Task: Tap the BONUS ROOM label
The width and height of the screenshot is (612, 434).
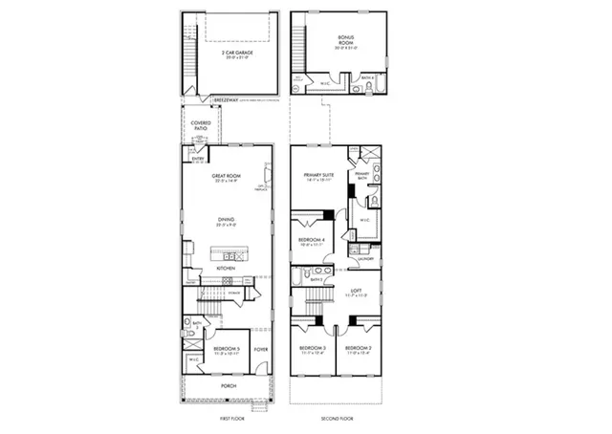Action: tap(345, 40)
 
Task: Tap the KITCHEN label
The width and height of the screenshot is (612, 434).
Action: tap(226, 269)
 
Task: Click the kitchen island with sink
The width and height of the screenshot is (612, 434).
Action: tap(229, 256)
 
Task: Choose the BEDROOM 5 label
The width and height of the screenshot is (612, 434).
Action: tap(225, 348)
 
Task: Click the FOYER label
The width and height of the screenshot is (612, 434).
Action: tap(260, 348)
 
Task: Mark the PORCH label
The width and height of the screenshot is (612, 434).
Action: tap(229, 386)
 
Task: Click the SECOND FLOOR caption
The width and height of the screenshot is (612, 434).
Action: tap(337, 419)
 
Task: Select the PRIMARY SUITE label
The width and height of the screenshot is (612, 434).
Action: tap(318, 175)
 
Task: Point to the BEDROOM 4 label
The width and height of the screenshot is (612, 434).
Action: tap(312, 239)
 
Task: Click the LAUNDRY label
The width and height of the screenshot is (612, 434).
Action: tap(364, 259)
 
